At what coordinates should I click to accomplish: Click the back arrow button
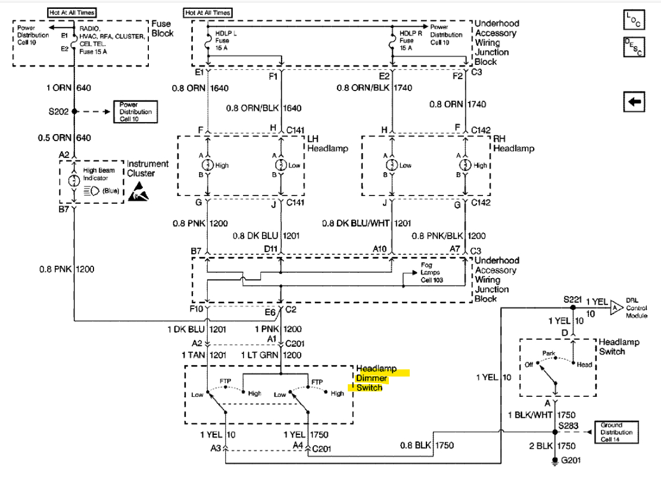tap(634, 102)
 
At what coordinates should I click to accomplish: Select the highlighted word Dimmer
tap(372, 378)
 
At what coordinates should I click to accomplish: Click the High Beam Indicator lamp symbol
tap(74, 179)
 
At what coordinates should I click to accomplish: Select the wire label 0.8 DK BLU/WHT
tap(355, 223)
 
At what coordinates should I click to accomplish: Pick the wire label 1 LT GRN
tap(258, 355)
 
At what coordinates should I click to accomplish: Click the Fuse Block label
tap(162, 29)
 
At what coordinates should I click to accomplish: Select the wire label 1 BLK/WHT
tap(529, 415)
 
